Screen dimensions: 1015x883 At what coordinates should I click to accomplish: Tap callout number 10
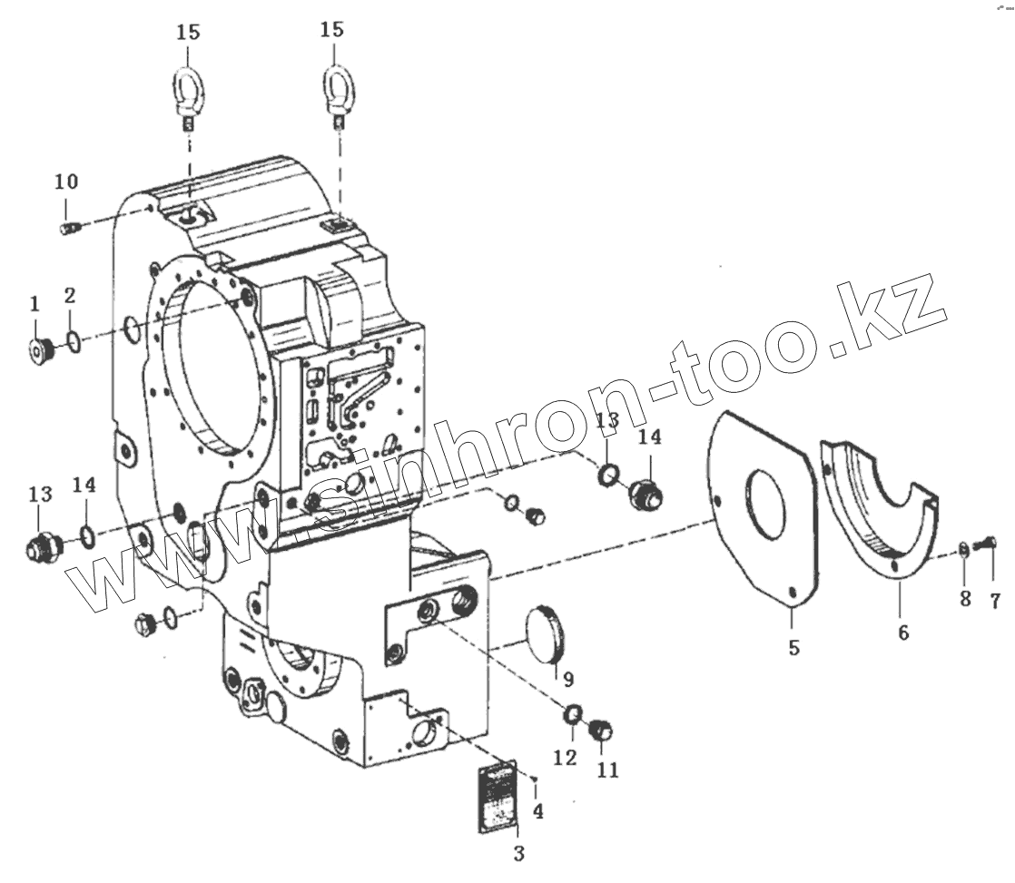(x=66, y=182)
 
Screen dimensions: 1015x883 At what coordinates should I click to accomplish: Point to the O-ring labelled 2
(x=73, y=343)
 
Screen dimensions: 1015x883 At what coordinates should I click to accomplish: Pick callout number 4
(x=538, y=811)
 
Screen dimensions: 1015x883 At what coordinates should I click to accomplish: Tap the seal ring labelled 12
(x=573, y=716)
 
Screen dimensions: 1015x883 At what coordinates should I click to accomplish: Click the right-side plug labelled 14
(x=645, y=495)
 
